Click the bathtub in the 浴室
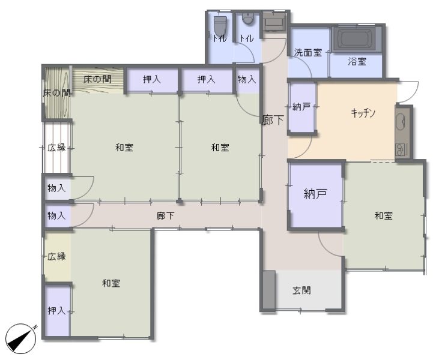tap(356, 39)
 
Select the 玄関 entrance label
tap(301, 290)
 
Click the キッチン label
tap(363, 113)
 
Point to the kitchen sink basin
tap(401, 122)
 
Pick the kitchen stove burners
tap(401, 149)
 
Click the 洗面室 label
tap(308, 53)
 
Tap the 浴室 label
tap(357, 62)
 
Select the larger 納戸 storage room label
tap(315, 194)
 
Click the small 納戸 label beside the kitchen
tap(301, 107)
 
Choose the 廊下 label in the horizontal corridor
tap(166, 215)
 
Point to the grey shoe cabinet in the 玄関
tap(269, 290)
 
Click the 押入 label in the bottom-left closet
tap(56, 310)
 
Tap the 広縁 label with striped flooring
tap(56, 148)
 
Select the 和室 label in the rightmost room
tap(384, 215)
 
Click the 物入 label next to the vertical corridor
tap(247, 79)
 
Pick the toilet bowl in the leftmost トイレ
tap(220, 26)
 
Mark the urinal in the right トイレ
tap(247, 19)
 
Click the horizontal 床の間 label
tap(97, 79)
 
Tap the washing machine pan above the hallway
tap(274, 21)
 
